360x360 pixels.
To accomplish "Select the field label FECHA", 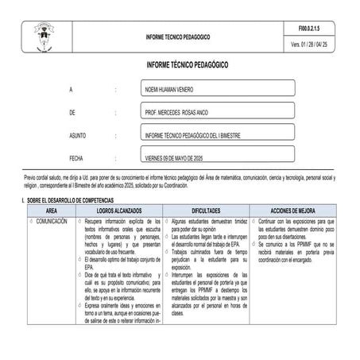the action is click(76, 158).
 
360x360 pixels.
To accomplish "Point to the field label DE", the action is click(72, 114).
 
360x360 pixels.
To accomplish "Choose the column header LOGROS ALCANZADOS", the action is click(122, 208).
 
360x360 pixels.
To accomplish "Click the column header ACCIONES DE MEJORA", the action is click(296, 208).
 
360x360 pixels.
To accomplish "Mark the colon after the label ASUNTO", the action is click(117, 136).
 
